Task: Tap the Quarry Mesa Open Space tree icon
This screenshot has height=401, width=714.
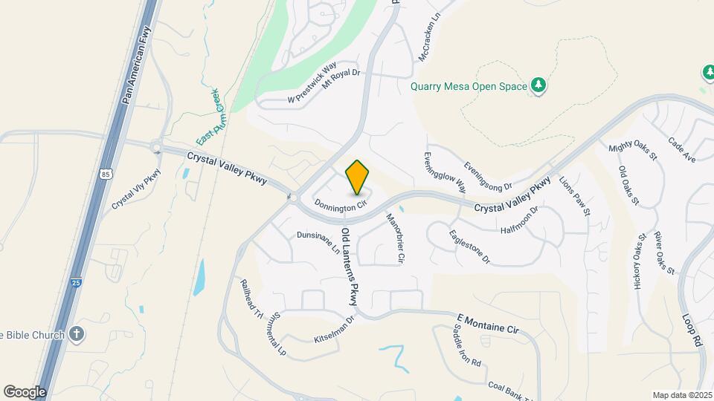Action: (x=538, y=86)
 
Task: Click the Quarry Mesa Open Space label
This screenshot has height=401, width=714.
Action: (x=469, y=86)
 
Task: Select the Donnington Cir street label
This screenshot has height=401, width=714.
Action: (x=341, y=203)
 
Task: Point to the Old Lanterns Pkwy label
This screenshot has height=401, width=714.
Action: (x=350, y=267)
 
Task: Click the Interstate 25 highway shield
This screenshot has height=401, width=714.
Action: (x=77, y=282)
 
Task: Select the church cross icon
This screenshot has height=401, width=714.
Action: (x=76, y=334)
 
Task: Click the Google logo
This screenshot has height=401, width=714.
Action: (x=25, y=391)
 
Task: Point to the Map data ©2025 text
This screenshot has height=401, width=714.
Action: (x=682, y=395)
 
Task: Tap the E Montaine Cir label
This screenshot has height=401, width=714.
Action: (x=486, y=323)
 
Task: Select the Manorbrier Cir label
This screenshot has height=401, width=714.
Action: (x=394, y=238)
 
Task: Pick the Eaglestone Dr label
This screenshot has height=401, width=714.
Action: (x=470, y=247)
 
